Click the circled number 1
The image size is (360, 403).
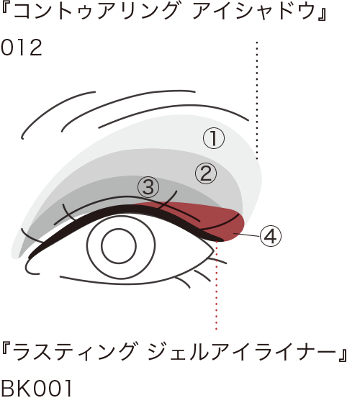[214, 138]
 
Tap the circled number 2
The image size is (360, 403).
[206, 173]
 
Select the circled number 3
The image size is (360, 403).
[148, 187]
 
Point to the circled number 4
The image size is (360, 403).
[271, 236]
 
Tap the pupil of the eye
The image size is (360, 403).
[119, 246]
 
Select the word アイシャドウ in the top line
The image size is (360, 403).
[254, 12]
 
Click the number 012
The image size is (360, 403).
[22, 47]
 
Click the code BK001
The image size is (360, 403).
[36, 389]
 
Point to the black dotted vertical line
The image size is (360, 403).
[257, 100]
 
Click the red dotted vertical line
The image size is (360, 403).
[217, 285]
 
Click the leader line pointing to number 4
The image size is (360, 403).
[246, 235]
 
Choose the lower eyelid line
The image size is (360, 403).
[134, 283]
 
